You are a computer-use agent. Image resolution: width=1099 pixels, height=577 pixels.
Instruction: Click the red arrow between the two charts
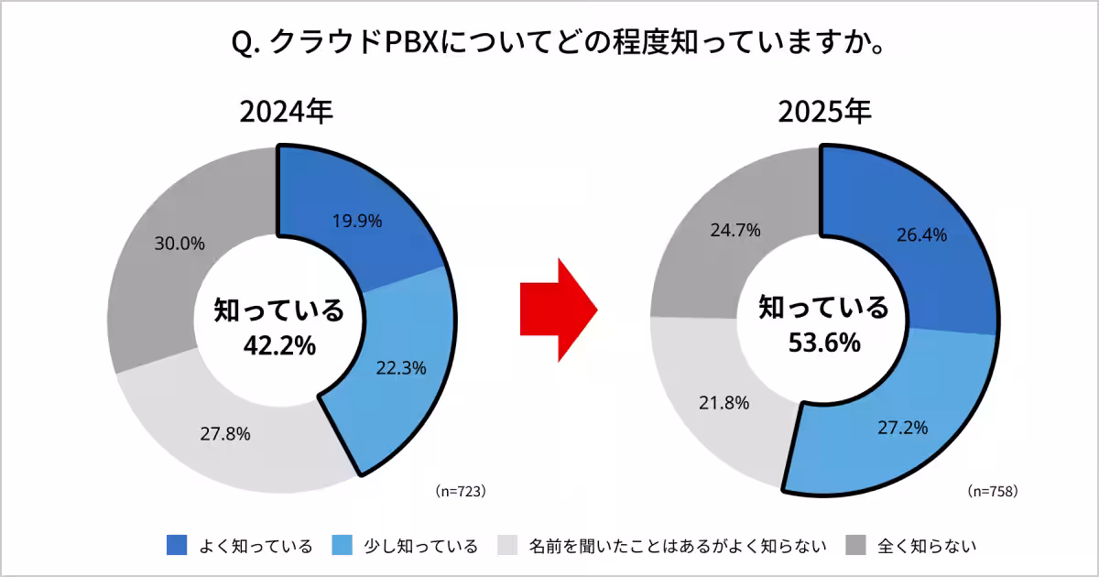pos(557,310)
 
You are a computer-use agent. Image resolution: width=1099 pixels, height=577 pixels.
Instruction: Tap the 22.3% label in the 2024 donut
pos(401,367)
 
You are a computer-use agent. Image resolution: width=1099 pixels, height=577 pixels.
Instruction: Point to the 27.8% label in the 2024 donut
pos(225,433)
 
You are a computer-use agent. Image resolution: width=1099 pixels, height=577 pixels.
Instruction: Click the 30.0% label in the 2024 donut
pos(180,244)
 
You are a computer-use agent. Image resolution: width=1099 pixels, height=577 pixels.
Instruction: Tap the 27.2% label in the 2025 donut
pos(902,427)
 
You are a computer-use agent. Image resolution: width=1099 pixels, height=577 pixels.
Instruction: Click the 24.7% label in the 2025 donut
pos(735,230)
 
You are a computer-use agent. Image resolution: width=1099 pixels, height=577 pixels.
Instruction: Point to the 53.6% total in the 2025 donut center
pos(823,343)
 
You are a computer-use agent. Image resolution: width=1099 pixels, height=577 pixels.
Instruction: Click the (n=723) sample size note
pos(459,491)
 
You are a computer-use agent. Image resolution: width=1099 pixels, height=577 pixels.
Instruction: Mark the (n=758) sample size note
pos(993,491)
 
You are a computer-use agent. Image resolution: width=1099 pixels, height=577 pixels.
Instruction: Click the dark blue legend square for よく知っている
pos(177,546)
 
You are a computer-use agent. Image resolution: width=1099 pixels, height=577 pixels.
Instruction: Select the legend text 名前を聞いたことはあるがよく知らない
pos(678,547)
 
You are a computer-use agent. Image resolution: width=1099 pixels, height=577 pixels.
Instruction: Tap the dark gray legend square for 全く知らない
pos(856,546)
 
